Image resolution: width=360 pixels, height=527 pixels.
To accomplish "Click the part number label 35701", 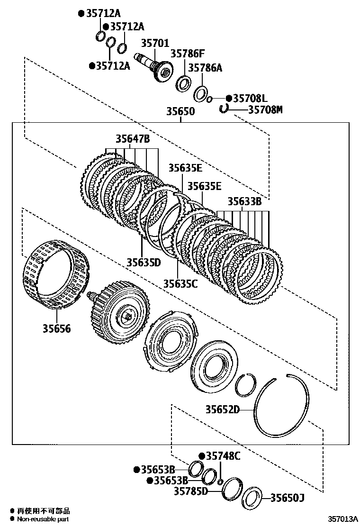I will coord(154,44).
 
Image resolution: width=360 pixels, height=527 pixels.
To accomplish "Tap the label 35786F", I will coord(187,54).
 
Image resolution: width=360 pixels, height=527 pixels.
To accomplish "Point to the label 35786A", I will coord(205,68).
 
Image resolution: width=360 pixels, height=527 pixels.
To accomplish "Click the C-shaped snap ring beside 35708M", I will coord(224,109).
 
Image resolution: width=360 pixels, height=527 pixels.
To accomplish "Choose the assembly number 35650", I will coord(180,111).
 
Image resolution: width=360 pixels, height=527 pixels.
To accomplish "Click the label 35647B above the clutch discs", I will coord(133,139).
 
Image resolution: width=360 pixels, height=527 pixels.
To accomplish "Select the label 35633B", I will coord(244,201).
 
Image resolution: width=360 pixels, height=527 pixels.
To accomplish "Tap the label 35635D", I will coord(144,262).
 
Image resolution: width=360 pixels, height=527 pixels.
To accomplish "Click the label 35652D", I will coord(223,409).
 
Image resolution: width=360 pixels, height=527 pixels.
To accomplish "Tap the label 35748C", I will coord(223,456).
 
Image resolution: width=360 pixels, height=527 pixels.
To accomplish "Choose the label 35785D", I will coord(191,491).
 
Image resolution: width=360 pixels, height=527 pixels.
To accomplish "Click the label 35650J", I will coord(287,498).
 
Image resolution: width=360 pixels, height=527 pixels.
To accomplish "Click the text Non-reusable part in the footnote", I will coord(44,519).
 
